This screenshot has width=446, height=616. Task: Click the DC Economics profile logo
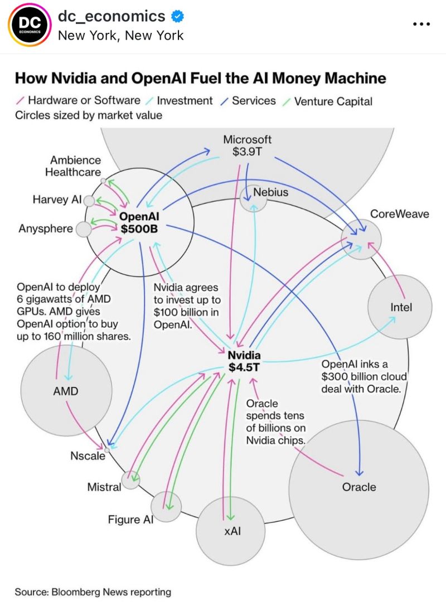point(27,26)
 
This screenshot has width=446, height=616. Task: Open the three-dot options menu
point(421,25)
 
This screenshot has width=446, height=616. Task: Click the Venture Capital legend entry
point(333,101)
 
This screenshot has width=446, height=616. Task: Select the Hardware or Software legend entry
point(84,101)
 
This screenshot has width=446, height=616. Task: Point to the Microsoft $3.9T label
point(247,145)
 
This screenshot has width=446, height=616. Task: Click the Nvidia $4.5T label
point(244,361)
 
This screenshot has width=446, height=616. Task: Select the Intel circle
point(400,307)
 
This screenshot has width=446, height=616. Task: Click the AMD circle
point(66,391)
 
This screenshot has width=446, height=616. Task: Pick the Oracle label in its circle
point(359,487)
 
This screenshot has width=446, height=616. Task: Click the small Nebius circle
point(252,198)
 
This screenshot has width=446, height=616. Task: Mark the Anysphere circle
point(83,229)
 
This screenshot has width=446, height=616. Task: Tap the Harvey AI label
point(57,200)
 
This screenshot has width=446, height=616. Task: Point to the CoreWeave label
point(400,214)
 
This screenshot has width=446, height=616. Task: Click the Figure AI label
point(130,520)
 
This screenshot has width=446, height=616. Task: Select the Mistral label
point(104,487)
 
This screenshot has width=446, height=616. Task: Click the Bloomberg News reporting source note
point(93,591)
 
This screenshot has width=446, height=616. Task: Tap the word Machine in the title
point(351,77)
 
